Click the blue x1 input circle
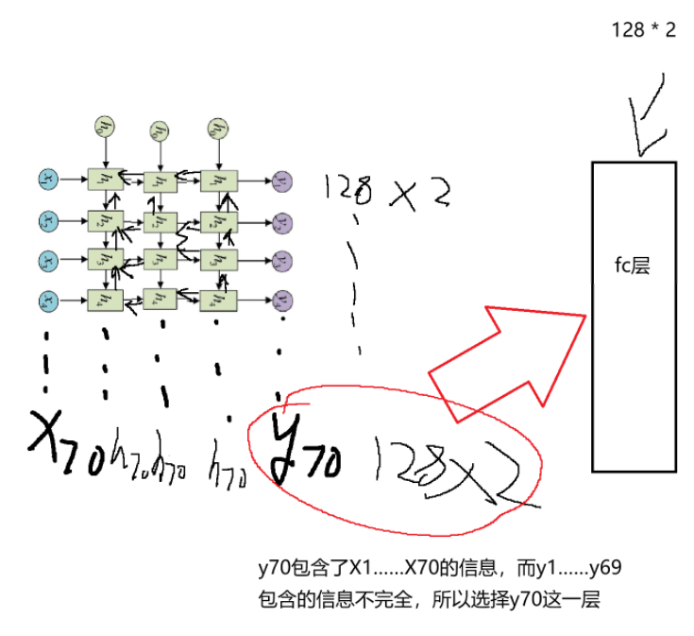click(47, 178)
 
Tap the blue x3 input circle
click(47, 260)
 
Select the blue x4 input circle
click(47, 301)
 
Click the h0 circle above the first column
click(104, 126)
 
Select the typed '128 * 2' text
click(644, 30)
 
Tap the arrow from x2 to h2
click(72, 220)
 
